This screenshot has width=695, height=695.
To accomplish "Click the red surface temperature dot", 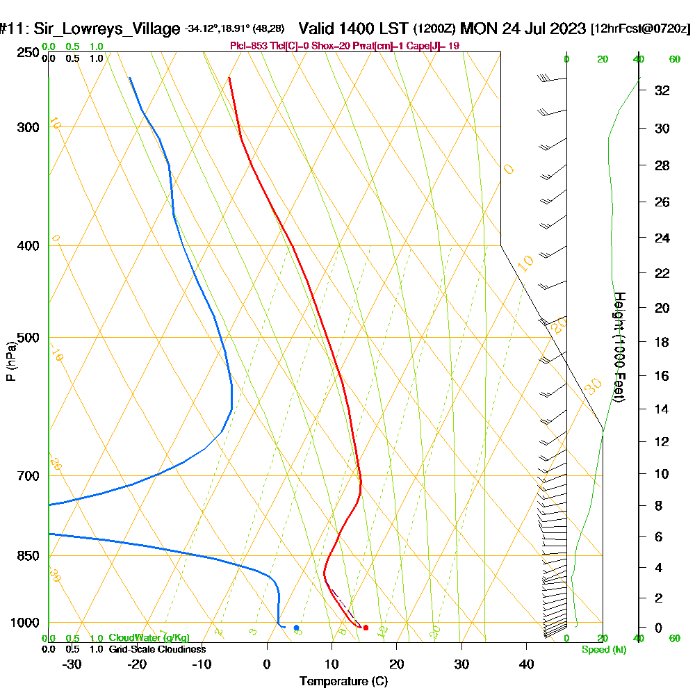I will (366, 628).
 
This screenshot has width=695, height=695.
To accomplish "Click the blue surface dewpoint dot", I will (296, 628).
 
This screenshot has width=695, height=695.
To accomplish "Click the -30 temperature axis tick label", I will (72, 664).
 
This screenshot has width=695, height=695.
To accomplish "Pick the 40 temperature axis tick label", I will (526, 664).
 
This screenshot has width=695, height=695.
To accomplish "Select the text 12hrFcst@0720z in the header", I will (640, 29).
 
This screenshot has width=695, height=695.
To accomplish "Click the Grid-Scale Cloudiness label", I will (157, 649).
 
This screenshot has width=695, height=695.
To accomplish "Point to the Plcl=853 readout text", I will (247, 46).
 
